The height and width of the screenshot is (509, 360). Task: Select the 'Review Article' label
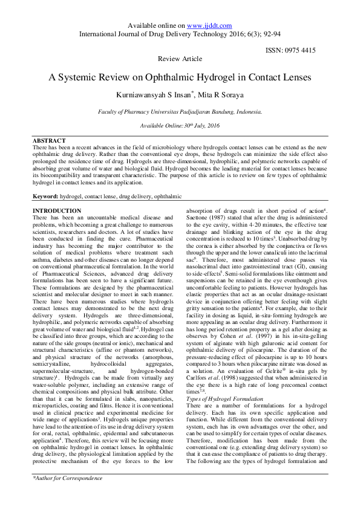pyautogui.click(x=180, y=59)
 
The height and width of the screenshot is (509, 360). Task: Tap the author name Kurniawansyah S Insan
pyautogui.click(x=152, y=94)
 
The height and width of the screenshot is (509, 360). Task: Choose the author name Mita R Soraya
pyautogui.click(x=211, y=94)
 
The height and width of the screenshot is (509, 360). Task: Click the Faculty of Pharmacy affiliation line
pyautogui.click(x=180, y=112)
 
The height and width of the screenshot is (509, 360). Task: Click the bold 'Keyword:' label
pyautogui.click(x=45, y=197)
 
